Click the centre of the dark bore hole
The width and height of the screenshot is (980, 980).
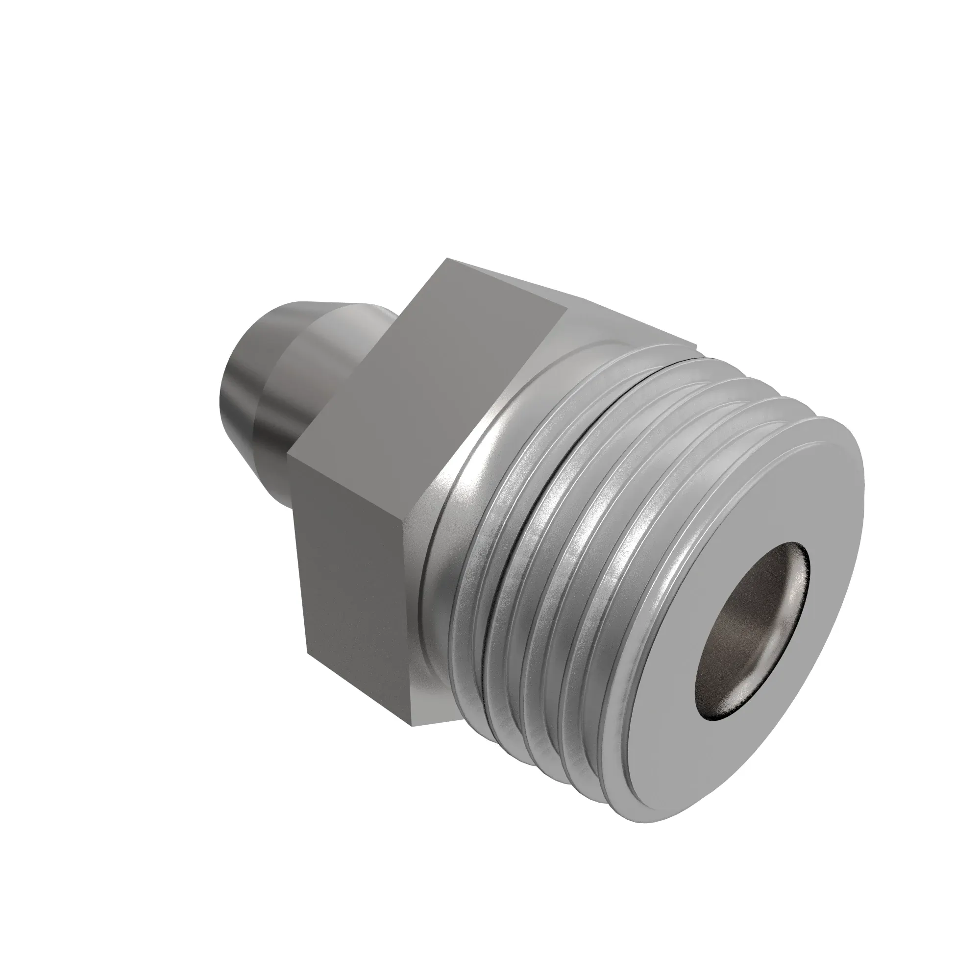pos(752,623)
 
